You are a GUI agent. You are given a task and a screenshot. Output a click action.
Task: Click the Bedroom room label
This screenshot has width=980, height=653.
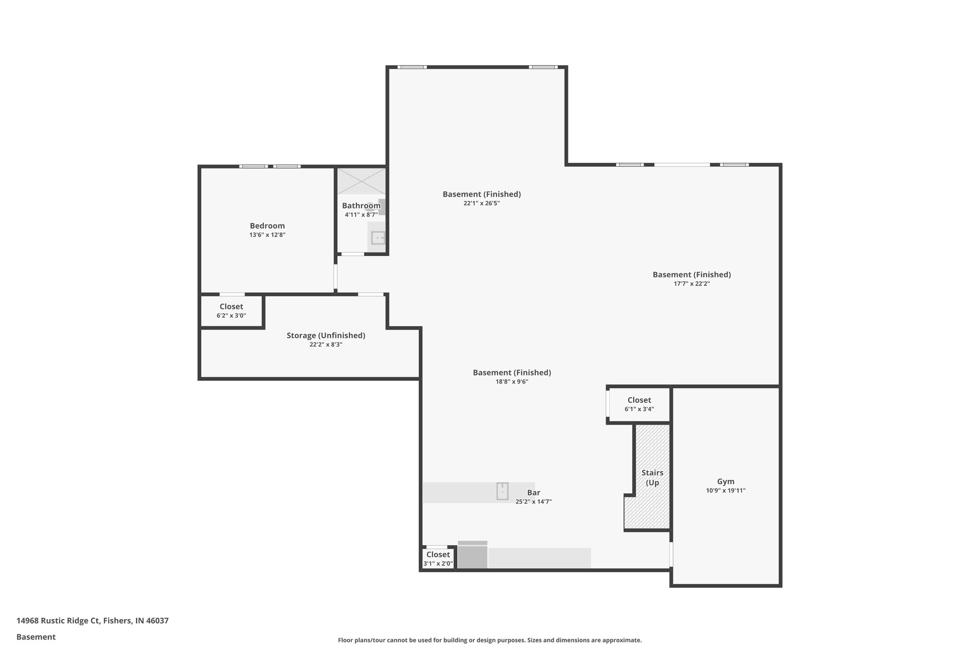[267, 226]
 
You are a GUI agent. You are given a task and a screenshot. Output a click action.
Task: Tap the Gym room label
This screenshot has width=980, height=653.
[725, 482]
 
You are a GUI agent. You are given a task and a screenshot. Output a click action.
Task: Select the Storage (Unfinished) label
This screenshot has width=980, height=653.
[325, 335]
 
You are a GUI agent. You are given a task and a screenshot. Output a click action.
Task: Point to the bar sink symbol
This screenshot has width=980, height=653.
[502, 491]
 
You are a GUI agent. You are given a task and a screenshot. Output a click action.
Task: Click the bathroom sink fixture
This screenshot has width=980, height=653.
[378, 238]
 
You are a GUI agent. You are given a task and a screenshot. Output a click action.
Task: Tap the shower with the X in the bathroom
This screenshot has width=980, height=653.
[361, 181]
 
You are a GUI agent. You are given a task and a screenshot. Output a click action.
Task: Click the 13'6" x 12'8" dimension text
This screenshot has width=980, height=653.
[267, 235]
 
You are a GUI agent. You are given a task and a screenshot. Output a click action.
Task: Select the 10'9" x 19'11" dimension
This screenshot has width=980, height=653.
[725, 491]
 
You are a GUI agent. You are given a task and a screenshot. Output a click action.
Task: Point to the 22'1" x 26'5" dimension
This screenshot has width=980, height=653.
[481, 203]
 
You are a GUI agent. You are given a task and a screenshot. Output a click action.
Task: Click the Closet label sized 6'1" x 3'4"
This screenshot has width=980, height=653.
[639, 400]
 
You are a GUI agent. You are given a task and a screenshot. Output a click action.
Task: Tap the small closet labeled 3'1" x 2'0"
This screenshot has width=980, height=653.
[438, 558]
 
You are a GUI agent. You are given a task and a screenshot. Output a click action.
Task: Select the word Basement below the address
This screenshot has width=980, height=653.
[36, 637]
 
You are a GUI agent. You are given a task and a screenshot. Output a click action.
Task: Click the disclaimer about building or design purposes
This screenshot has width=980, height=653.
[490, 640]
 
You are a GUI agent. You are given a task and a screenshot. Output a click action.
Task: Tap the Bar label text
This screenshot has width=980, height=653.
[534, 493]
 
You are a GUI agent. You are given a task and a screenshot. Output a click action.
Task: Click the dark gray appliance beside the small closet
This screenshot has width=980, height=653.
[472, 556]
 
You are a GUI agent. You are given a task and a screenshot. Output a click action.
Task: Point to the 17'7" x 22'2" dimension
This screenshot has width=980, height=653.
[691, 284]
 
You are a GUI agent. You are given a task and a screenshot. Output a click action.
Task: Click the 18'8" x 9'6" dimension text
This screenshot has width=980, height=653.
[512, 382]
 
